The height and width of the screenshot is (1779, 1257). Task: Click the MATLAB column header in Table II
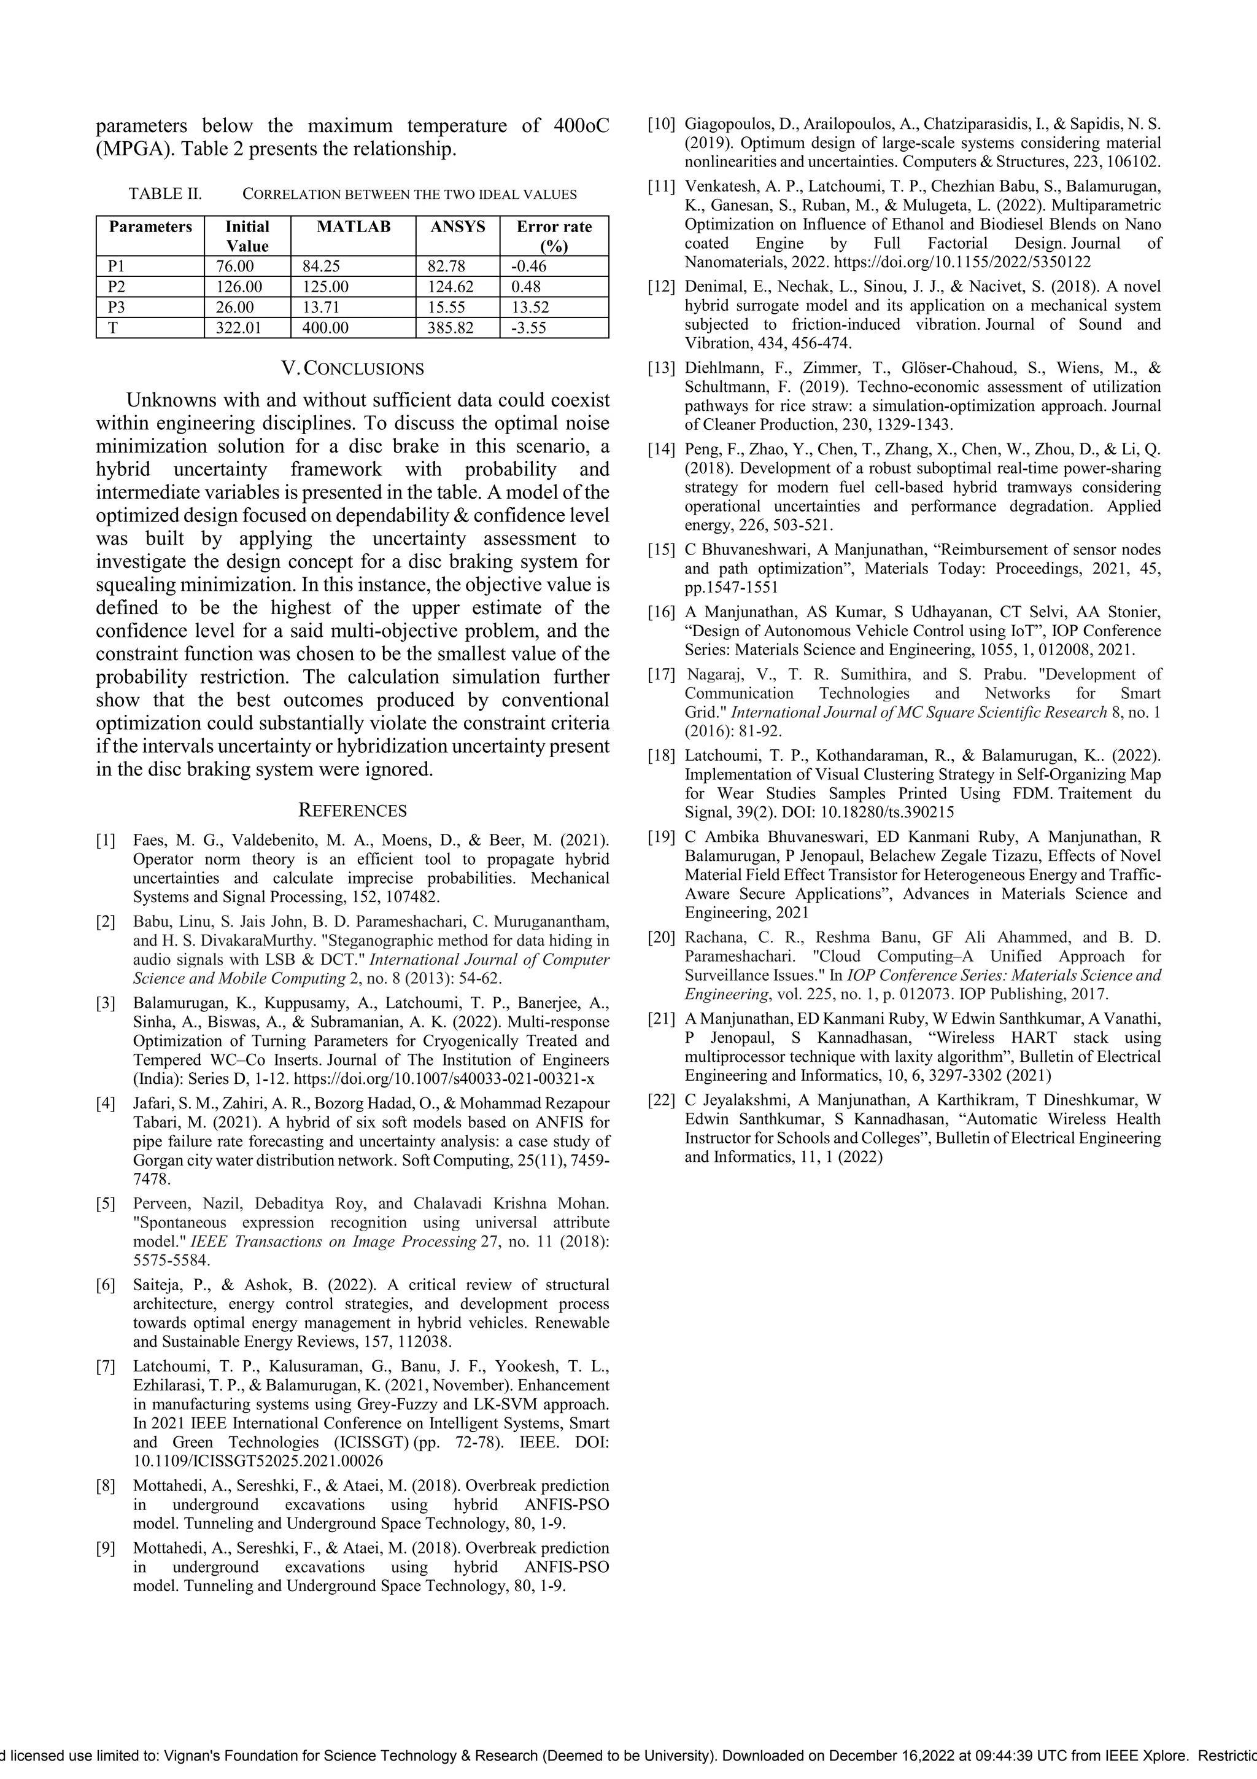pyautogui.click(x=353, y=227)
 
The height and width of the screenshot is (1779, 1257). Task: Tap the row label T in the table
pyautogui.click(x=113, y=328)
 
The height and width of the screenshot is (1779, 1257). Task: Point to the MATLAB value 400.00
pyautogui.click(x=325, y=328)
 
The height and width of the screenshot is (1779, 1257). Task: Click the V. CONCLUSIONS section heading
pyautogui.click(x=352, y=369)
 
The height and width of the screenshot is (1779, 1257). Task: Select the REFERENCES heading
pyautogui.click(x=352, y=811)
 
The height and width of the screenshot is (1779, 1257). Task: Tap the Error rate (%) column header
pyautogui.click(x=554, y=236)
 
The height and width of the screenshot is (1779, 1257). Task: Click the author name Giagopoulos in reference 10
pyautogui.click(x=730, y=125)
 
